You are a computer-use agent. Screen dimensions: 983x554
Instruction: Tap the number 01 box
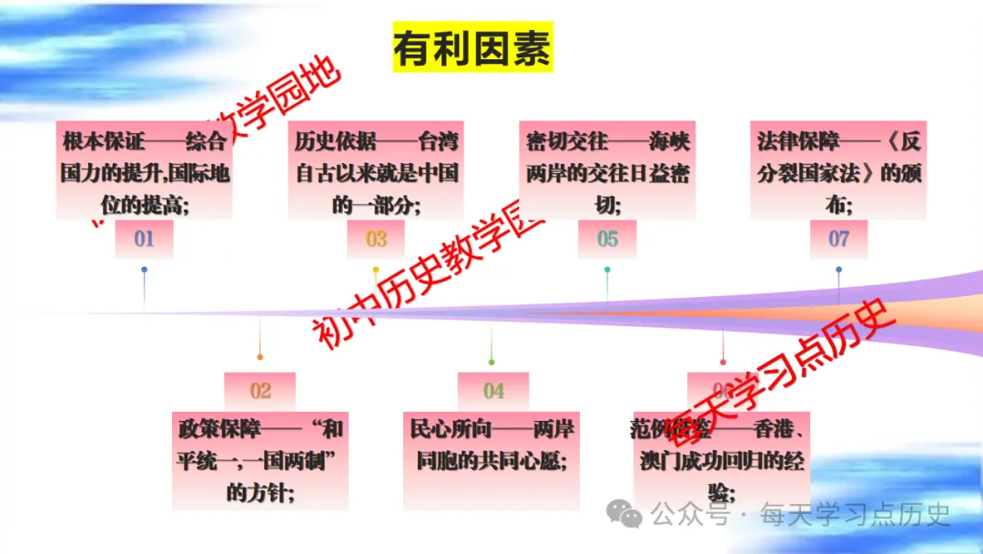click(x=144, y=240)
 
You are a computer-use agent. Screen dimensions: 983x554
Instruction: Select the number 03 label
click(x=376, y=240)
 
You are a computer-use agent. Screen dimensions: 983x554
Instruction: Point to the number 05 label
click(x=607, y=240)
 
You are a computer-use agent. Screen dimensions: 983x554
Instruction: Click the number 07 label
click(x=838, y=240)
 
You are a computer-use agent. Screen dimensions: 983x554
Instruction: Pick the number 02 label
click(x=260, y=391)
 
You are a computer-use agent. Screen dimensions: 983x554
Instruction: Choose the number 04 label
click(x=492, y=391)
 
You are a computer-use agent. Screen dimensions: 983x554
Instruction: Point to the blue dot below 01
click(x=144, y=270)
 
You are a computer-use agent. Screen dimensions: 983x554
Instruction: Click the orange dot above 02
click(x=260, y=356)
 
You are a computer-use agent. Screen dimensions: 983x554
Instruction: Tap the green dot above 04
click(x=492, y=362)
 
